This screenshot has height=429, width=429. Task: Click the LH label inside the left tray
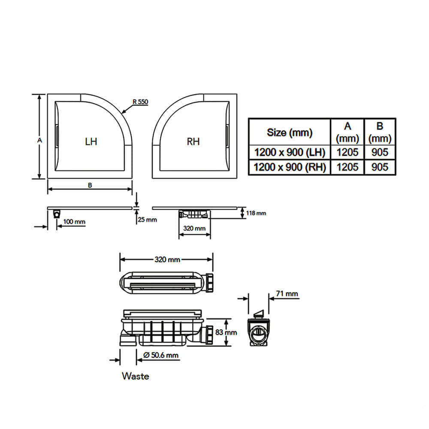[x=91, y=142]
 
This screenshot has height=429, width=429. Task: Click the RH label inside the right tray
[x=193, y=142]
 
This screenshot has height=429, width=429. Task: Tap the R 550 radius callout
[x=140, y=102]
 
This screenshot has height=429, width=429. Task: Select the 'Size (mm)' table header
[x=290, y=133]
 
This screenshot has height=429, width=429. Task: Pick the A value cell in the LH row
[x=347, y=152]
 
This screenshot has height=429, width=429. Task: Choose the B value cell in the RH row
[x=380, y=167]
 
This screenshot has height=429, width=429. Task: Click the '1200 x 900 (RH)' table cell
[x=290, y=167]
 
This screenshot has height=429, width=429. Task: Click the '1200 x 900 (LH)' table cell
[x=290, y=152]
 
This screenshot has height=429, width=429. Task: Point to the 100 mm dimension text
[x=74, y=222]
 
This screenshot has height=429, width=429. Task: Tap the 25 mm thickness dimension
[x=147, y=219]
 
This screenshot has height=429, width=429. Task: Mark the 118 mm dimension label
[x=256, y=213]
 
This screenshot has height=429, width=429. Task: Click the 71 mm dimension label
[x=287, y=293]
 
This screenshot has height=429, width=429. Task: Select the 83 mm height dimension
[x=226, y=332]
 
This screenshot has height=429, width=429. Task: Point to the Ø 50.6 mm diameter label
[x=161, y=355]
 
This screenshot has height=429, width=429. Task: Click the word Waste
[x=136, y=376]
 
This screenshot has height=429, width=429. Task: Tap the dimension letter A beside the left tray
[x=39, y=140]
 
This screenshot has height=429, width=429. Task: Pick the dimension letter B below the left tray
[x=90, y=185]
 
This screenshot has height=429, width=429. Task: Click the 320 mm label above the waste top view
[x=167, y=260]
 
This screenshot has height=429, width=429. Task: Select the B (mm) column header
[x=380, y=133]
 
